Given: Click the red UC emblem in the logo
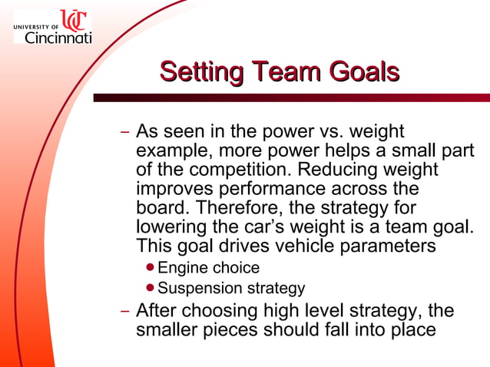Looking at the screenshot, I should [x=74, y=20].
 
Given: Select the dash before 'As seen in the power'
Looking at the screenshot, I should [x=125, y=132].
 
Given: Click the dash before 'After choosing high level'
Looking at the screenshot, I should [x=125, y=312].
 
